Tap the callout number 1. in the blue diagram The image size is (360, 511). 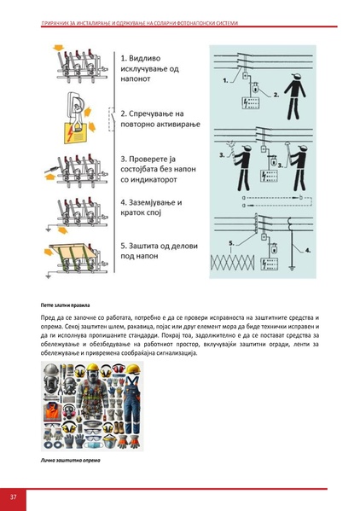point(224,80)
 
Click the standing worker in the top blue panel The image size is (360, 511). point(299,101)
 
